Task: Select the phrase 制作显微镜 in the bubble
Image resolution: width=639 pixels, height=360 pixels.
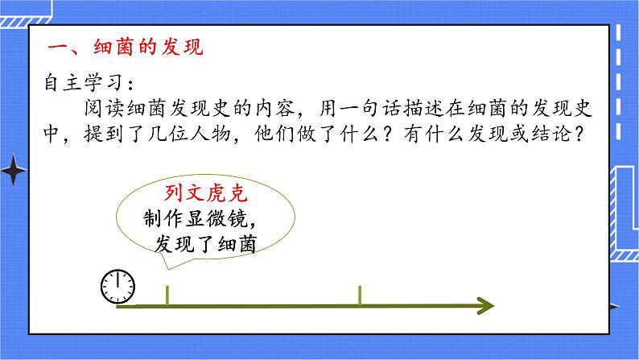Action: [x=192, y=219]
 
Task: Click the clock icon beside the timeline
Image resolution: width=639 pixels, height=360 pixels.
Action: [x=117, y=286]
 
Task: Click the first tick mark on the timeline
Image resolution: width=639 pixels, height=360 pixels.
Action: [x=167, y=296]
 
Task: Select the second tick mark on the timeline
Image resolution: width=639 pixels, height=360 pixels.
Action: [x=359, y=296]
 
